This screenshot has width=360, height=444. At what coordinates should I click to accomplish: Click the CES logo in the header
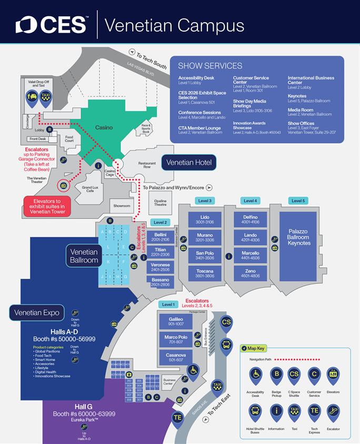click(51, 25)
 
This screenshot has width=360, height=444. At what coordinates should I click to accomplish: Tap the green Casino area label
click(104, 127)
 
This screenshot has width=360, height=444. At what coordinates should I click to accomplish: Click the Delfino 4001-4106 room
click(251, 220)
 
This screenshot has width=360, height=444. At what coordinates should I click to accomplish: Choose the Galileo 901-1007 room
click(176, 321)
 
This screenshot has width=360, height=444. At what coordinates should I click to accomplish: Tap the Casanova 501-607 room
click(176, 357)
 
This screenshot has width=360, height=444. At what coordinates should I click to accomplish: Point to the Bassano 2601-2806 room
click(160, 282)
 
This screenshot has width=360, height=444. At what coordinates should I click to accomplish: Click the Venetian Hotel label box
click(188, 163)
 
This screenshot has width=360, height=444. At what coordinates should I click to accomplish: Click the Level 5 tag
click(298, 201)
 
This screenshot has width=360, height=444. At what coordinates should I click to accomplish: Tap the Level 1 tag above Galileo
click(168, 304)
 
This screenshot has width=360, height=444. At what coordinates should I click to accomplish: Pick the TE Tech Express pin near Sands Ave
click(179, 418)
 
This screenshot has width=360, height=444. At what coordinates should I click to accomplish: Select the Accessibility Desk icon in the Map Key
click(255, 377)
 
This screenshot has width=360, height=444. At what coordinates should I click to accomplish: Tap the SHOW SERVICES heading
click(210, 66)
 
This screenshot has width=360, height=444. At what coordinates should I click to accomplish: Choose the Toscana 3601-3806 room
click(201, 273)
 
